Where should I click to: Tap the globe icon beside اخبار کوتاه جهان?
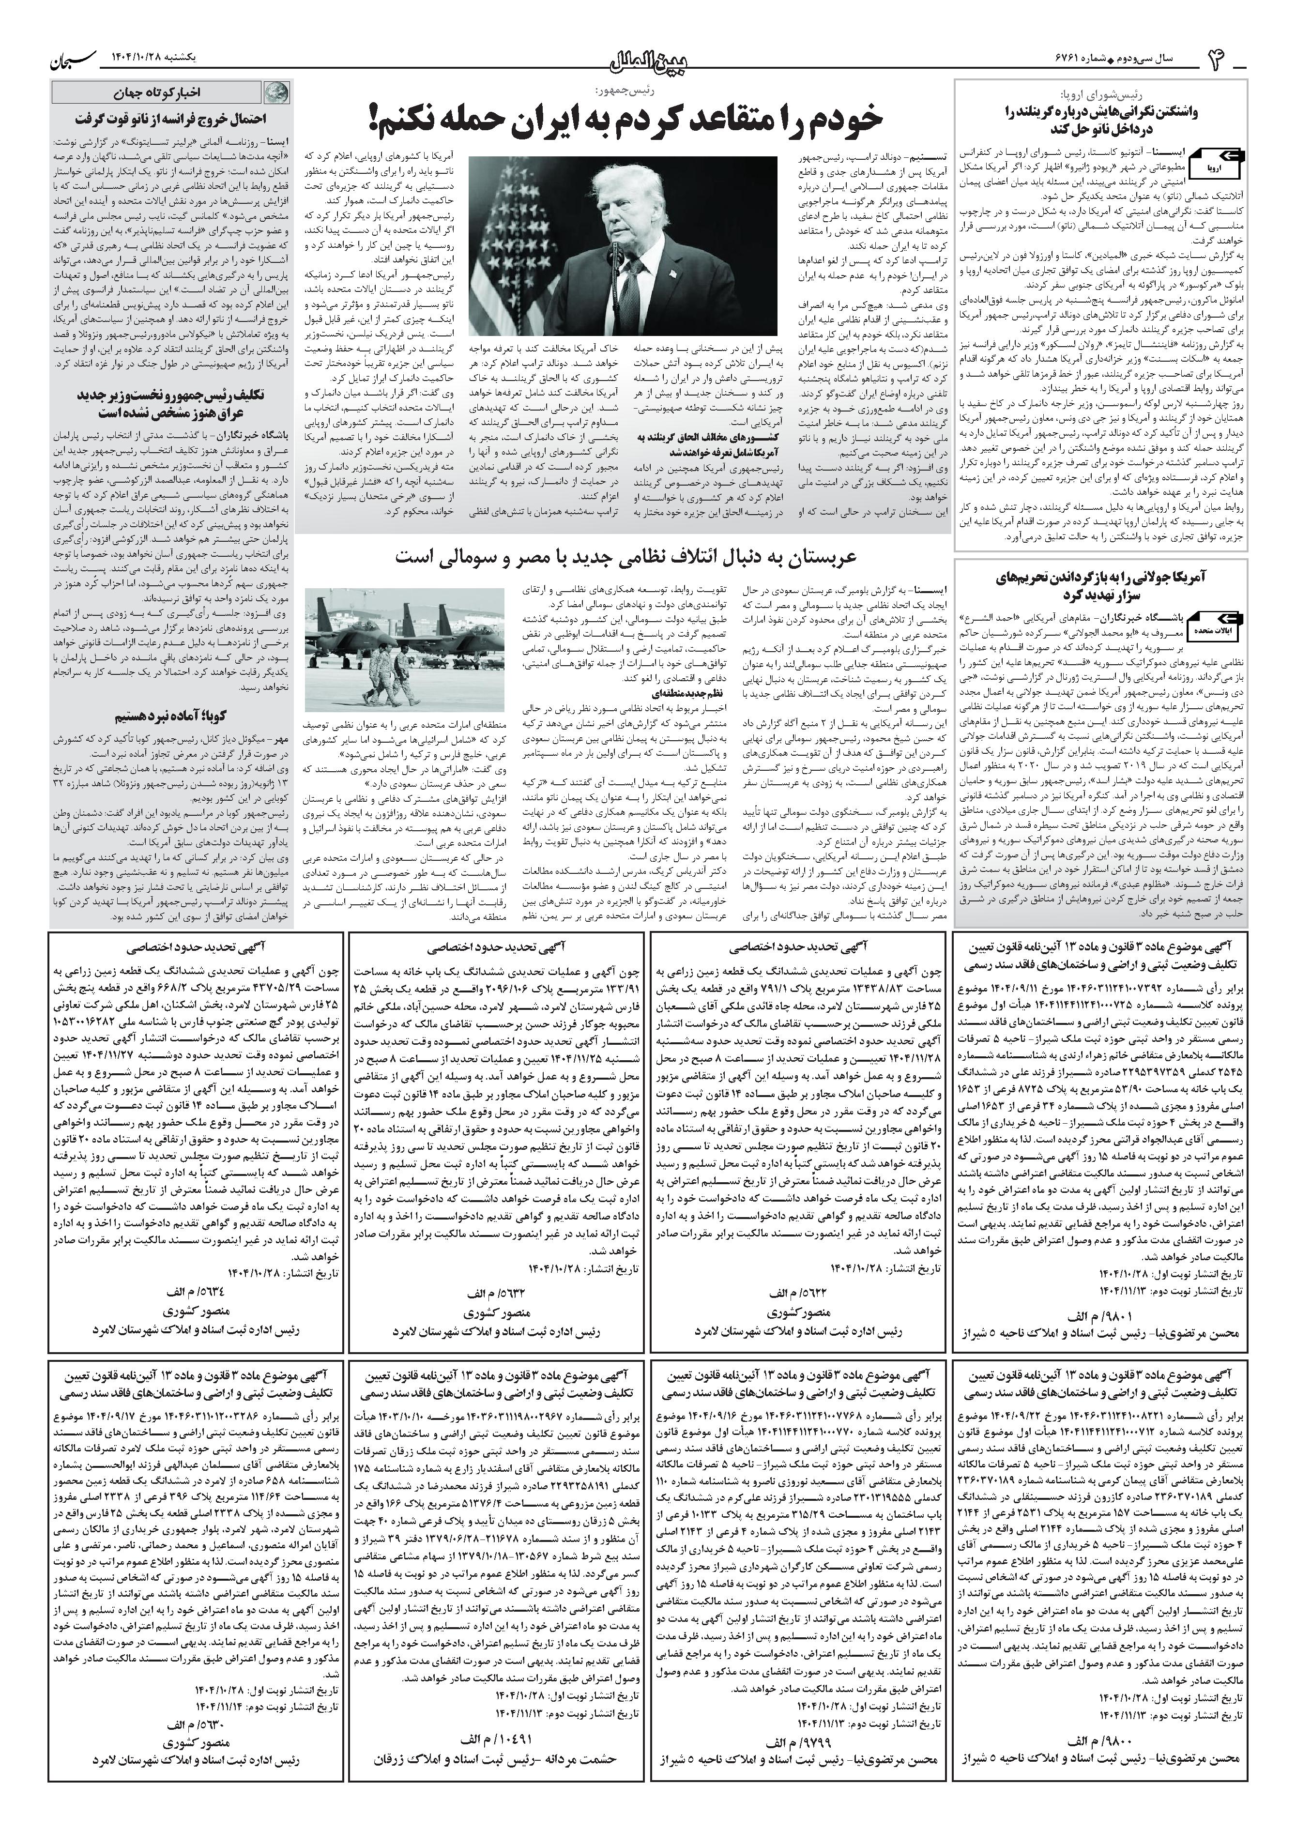click(274, 92)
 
